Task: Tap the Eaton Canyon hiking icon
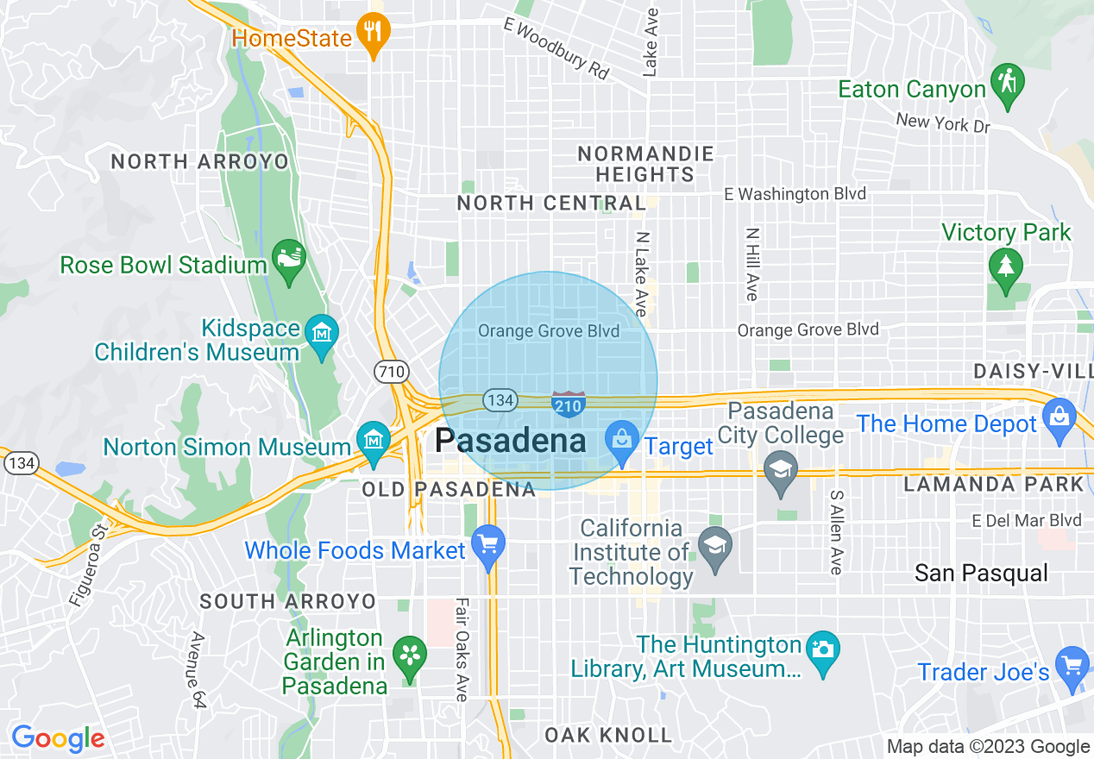click(1007, 84)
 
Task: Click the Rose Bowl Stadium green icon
click(287, 259)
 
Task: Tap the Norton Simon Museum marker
click(373, 441)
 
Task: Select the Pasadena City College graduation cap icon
click(780, 471)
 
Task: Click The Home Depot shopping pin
click(1058, 418)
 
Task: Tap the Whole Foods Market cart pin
click(488, 545)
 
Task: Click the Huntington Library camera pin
click(822, 649)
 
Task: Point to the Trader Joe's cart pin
click(1072, 667)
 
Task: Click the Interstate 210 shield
click(569, 404)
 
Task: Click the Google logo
click(58, 739)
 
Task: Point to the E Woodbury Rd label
click(556, 50)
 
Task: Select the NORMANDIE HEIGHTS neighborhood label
click(645, 164)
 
